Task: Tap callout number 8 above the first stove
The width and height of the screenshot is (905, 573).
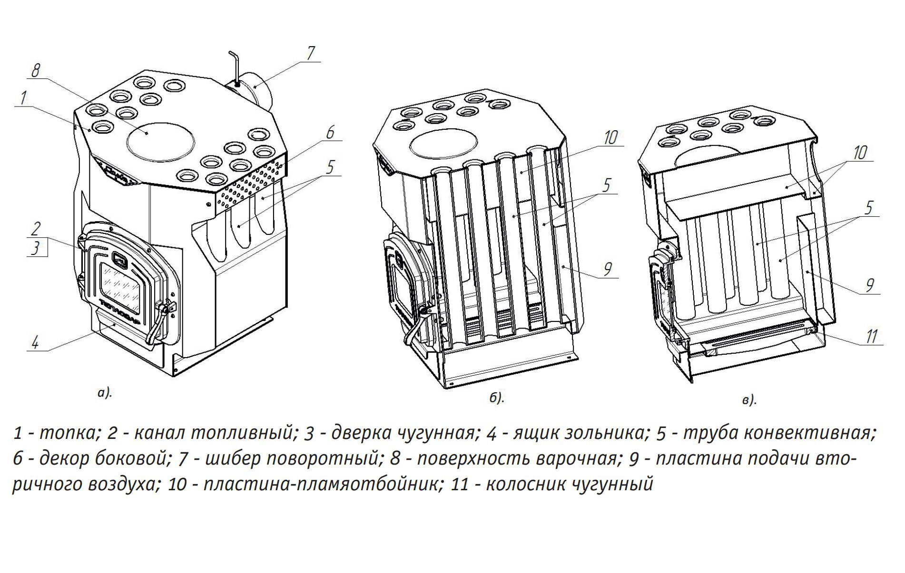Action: point(35,71)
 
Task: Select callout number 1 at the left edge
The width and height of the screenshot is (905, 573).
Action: point(22,98)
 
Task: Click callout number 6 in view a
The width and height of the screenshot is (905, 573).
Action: point(330,133)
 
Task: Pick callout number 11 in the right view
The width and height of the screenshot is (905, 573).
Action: point(870,336)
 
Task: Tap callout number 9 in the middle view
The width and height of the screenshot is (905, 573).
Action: point(607,269)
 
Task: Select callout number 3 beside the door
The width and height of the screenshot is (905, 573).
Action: point(35,248)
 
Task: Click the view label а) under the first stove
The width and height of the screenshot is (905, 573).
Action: point(104,393)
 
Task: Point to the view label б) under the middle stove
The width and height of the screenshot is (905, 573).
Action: point(496,398)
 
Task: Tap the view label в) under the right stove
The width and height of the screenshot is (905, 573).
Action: point(749,400)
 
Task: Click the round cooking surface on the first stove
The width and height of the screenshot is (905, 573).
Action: point(161,138)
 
